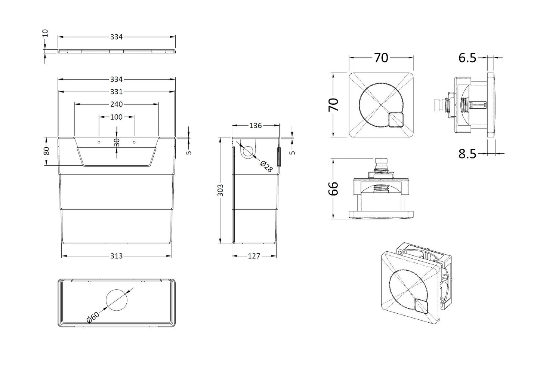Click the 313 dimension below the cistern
pyautogui.click(x=116, y=256)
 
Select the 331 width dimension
pyautogui.click(x=116, y=92)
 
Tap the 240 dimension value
pyautogui.click(x=116, y=104)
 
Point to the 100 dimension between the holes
pyautogui.click(x=116, y=117)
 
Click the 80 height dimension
pyautogui.click(x=46, y=151)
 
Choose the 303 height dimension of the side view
pyautogui.click(x=221, y=190)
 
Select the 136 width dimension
pyautogui.click(x=255, y=126)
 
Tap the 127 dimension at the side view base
pyautogui.click(x=254, y=256)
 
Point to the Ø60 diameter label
pyautogui.click(x=92, y=317)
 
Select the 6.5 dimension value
pyautogui.click(x=467, y=58)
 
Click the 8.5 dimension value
pyautogui.click(x=467, y=154)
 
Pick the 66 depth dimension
pyautogui.click(x=333, y=188)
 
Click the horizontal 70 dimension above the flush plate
pyautogui.click(x=381, y=58)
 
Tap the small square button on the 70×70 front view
pyautogui.click(x=396, y=120)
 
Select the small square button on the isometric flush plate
pyautogui.click(x=422, y=306)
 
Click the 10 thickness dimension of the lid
pyautogui.click(x=46, y=33)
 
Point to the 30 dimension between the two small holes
pyautogui.click(x=117, y=142)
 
